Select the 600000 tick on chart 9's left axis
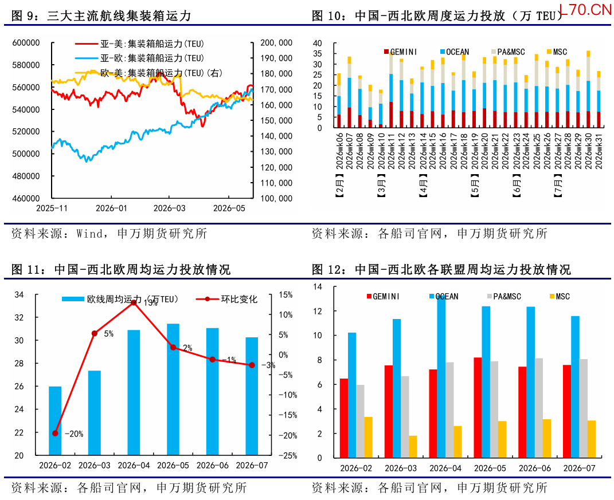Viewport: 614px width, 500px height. (26, 42)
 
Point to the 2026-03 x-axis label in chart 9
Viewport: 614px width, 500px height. (169, 208)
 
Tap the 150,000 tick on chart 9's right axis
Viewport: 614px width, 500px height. (276, 120)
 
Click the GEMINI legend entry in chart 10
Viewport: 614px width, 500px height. (401, 52)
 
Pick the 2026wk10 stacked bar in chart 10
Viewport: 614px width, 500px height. (381, 108)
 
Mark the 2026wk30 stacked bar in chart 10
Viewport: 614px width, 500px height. (588, 89)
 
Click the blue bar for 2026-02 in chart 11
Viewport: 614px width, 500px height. (55, 421)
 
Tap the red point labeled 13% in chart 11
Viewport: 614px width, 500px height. (134, 302)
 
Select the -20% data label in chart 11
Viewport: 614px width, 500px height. (74, 434)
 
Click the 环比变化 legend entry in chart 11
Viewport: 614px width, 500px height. (226, 300)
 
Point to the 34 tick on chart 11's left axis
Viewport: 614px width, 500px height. (19, 294)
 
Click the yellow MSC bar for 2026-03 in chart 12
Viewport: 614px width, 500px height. (413, 447)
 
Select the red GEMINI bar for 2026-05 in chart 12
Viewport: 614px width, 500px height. (478, 408)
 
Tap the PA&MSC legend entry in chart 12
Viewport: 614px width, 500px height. (505, 297)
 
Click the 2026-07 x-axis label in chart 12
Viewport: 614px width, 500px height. (579, 468)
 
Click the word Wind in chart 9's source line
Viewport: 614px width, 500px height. (89, 234)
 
